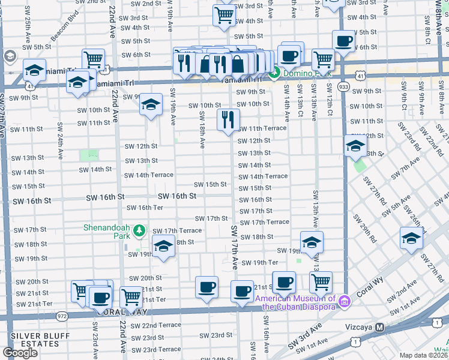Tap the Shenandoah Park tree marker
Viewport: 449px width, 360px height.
click(x=139, y=230)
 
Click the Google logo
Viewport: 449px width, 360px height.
click(x=20, y=353)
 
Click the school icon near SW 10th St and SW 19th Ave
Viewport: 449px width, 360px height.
click(x=151, y=104)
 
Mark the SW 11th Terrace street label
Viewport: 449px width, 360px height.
click(x=262, y=128)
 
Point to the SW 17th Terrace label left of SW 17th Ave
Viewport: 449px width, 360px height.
click(x=176, y=230)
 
